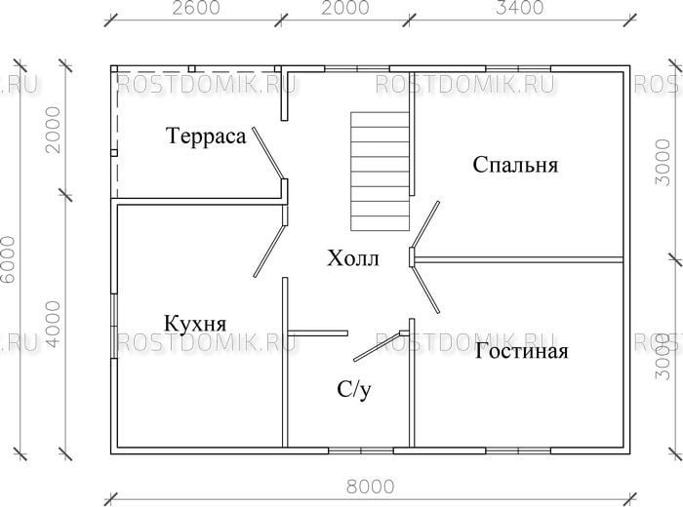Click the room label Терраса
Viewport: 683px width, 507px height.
(206, 136)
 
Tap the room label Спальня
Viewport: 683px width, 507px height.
(515, 165)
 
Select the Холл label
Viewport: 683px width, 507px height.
(353, 258)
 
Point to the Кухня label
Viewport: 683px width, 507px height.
(195, 324)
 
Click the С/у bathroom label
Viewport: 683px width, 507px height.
(354, 389)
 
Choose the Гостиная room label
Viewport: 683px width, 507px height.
(521, 351)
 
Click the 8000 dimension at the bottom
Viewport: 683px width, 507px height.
(371, 487)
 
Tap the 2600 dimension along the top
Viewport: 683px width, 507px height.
(196, 8)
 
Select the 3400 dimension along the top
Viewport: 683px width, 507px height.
(520, 8)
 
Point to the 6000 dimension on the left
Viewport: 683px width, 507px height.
(8, 259)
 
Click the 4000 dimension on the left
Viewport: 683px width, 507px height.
(53, 325)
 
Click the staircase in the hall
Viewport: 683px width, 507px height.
(381, 171)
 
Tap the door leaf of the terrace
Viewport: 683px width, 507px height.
(268, 153)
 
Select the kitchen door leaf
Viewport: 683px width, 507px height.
(269, 251)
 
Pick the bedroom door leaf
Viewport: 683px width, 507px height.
(425, 225)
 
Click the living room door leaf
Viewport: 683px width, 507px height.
(426, 289)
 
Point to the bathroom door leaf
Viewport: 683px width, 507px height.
(378, 347)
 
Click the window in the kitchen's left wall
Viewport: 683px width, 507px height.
(114, 326)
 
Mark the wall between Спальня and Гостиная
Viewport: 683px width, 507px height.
(518, 259)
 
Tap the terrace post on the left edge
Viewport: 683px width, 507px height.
(114, 153)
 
